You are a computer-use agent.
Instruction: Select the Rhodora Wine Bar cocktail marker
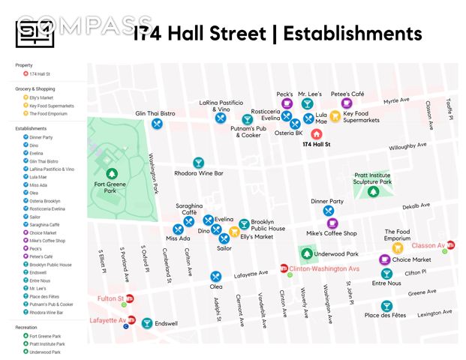coord(198,163)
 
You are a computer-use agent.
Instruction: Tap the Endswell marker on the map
coord(147,323)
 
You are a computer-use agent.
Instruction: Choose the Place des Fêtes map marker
coord(386,305)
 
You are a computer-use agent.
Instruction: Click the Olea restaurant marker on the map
coord(216,276)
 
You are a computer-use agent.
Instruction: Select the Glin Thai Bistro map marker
coord(157,124)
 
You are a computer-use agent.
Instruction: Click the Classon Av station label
coord(428,245)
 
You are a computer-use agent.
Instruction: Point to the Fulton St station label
coord(110,298)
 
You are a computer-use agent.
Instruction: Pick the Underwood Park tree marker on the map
coord(308,254)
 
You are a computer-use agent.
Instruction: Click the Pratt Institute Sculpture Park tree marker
coord(372,192)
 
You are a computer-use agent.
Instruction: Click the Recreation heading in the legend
coord(26,328)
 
